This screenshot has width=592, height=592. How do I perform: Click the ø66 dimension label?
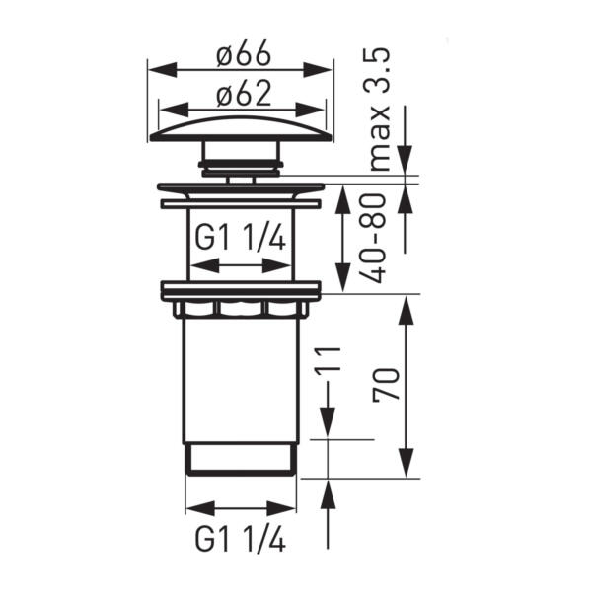[240, 55]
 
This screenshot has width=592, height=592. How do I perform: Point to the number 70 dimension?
[386, 385]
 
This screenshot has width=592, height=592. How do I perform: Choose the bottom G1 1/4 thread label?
[242, 540]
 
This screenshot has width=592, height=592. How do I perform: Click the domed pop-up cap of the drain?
[240, 128]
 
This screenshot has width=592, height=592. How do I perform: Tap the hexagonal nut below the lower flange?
[240, 310]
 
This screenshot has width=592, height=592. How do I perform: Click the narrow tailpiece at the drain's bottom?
[240, 461]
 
